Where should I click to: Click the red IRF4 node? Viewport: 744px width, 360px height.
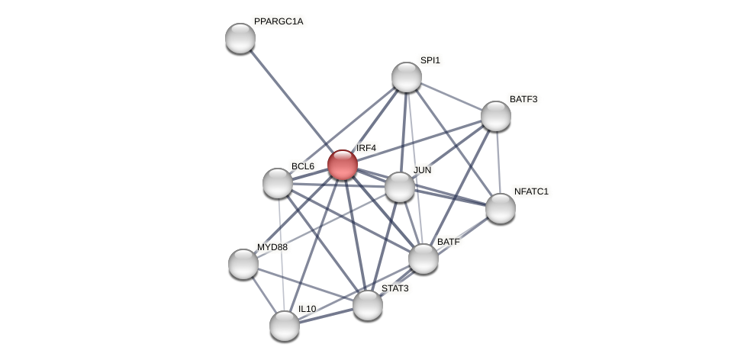[343, 165]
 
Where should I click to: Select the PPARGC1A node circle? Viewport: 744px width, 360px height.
[240, 38]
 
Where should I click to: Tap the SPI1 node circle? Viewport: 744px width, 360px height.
[407, 77]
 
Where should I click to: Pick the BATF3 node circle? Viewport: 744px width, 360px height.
[496, 116]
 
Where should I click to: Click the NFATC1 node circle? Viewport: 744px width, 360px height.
[501, 208]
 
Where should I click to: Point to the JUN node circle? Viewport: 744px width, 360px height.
[400, 187]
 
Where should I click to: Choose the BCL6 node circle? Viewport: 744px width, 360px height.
[278, 183]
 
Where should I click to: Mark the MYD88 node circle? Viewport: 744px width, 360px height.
[243, 264]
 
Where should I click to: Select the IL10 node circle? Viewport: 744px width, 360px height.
[285, 326]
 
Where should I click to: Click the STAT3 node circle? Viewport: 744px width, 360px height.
[368, 305]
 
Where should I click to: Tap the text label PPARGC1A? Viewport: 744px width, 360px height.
[279, 21]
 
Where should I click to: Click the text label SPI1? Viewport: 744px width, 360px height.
[430, 60]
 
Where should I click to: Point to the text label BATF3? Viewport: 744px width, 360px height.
[523, 99]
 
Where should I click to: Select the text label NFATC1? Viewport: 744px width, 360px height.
[531, 191]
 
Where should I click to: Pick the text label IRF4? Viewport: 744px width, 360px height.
[366, 148]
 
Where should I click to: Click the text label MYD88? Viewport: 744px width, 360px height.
[272, 247]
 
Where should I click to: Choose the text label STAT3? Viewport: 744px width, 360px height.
[395, 288]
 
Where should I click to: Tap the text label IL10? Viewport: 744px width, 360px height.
[307, 309]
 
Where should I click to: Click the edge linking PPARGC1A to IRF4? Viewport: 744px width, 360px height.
[290, 100]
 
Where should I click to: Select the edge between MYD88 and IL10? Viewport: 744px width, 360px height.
[263, 294]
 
